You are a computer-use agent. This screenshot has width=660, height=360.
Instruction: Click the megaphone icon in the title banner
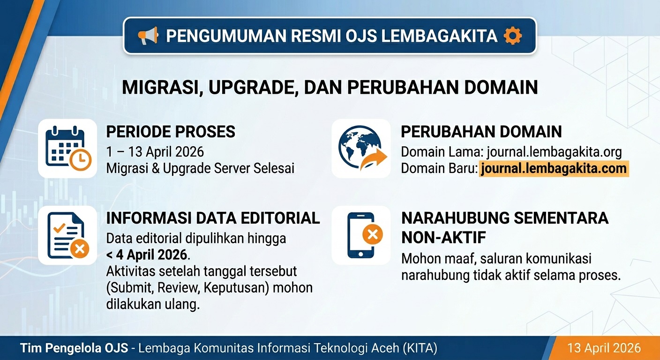[148, 36]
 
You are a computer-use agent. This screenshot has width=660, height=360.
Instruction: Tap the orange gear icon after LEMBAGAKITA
[512, 36]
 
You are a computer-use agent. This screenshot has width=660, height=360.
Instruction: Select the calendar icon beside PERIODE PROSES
[67, 148]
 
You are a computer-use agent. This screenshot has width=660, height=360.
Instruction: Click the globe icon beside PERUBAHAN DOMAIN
[361, 148]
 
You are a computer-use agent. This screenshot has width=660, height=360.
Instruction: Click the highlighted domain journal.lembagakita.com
[553, 169]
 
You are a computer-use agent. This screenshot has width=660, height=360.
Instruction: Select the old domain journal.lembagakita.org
[554, 152]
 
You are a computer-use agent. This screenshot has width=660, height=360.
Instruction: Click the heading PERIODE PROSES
[171, 132]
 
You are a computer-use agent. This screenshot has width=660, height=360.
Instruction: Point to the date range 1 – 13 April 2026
[155, 152]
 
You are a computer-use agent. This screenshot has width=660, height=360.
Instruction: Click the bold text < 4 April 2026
[147, 255]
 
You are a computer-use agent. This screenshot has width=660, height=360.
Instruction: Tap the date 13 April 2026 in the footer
[604, 348]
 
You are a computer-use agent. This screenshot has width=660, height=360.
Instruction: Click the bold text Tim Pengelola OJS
[73, 348]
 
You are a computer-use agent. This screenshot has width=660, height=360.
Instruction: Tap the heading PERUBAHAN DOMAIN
[481, 132]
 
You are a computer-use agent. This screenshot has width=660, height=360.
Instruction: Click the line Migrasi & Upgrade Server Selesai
[201, 168]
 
